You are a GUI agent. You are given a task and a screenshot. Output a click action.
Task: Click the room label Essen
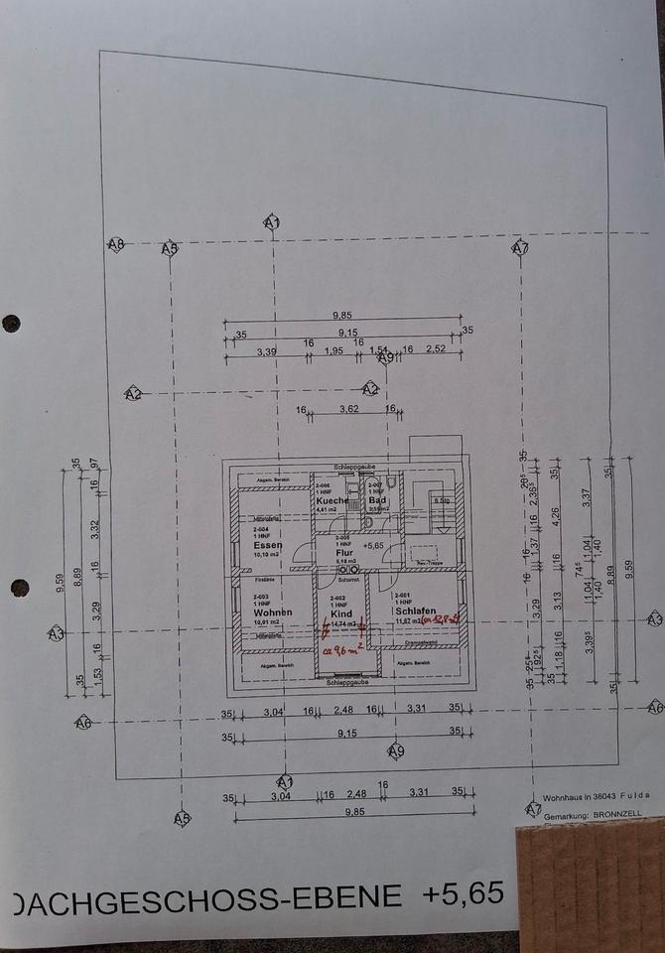(x=263, y=547)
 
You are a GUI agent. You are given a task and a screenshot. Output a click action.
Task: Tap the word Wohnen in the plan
(x=272, y=614)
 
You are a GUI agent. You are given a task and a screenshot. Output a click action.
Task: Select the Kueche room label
(x=332, y=500)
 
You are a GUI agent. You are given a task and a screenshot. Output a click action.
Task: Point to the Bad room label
(x=377, y=500)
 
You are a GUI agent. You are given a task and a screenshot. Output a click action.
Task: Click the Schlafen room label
(x=415, y=612)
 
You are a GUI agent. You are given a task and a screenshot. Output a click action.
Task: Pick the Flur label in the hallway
(x=344, y=553)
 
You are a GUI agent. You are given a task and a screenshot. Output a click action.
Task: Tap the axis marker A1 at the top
(x=272, y=223)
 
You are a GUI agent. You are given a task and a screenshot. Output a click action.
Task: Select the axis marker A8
(x=116, y=243)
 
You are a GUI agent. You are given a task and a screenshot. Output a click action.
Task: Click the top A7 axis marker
(x=520, y=248)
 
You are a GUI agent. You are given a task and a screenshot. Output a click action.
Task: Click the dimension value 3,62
(x=348, y=409)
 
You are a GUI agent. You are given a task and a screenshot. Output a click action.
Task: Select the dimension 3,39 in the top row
(x=266, y=350)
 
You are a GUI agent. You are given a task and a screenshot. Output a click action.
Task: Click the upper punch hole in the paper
(x=11, y=323)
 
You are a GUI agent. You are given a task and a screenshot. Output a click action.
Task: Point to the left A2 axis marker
(x=133, y=394)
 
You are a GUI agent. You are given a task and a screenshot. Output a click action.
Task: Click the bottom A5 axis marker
(x=182, y=819)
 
